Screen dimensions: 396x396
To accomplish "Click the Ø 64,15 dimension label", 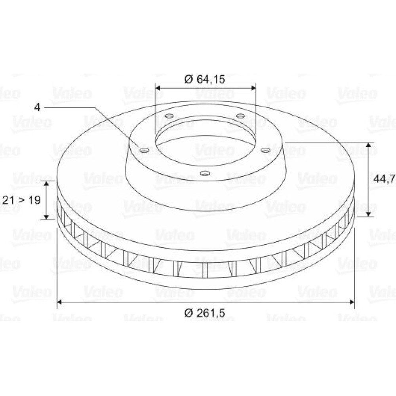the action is pyautogui.click(x=205, y=79).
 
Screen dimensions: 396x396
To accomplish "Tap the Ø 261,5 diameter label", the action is pyautogui.click(x=205, y=313).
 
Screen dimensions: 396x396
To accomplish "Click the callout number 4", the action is pyautogui.click(x=37, y=107).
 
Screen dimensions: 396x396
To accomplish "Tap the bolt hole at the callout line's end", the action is pyautogui.click(x=144, y=150).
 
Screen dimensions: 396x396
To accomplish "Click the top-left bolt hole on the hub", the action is pyautogui.click(x=169, y=116).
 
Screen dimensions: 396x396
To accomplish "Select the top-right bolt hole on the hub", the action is pyautogui.click(x=240, y=116).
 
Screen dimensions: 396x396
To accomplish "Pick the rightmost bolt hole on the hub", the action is pyautogui.click(x=265, y=150).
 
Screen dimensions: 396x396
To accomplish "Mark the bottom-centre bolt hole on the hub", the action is pyautogui.click(x=205, y=173).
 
